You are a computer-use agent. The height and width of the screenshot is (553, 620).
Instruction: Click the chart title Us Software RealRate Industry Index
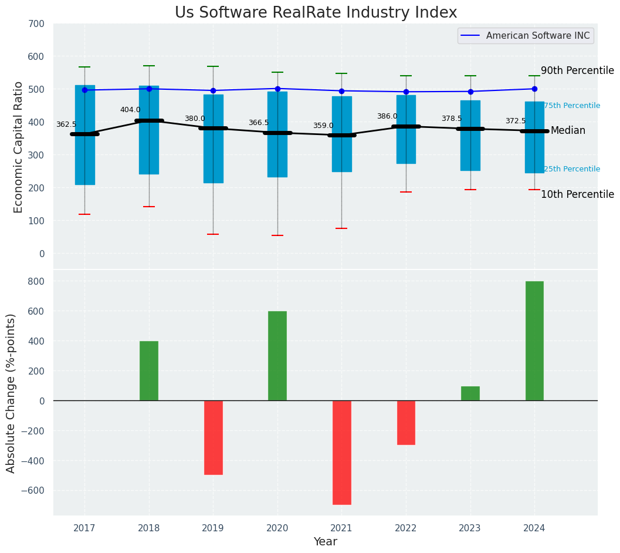click(x=316, y=13)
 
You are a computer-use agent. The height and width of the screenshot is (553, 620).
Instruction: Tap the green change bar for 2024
click(x=534, y=341)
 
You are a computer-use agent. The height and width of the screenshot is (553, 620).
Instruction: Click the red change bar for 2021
click(x=341, y=453)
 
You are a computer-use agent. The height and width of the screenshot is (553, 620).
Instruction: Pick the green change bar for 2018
click(x=149, y=371)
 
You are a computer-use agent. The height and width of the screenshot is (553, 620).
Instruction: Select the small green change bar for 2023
click(x=470, y=393)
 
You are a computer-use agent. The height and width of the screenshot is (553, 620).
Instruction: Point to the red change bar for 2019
click(x=213, y=437)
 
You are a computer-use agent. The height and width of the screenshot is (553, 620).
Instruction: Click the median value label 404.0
click(x=130, y=110)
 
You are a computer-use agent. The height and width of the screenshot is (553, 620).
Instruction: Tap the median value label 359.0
click(x=323, y=126)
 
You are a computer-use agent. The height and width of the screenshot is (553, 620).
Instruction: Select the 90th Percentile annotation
click(x=577, y=70)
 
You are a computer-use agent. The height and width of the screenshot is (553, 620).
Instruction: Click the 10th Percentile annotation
click(x=577, y=194)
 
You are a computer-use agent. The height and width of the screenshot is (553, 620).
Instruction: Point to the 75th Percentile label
click(x=572, y=106)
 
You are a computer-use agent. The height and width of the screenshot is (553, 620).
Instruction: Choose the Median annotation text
click(x=568, y=130)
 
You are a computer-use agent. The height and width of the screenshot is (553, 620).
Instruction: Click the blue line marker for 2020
click(x=277, y=89)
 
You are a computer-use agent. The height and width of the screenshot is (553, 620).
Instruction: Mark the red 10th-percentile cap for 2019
click(x=213, y=234)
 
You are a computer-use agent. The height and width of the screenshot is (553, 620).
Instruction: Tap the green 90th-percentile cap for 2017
click(x=84, y=67)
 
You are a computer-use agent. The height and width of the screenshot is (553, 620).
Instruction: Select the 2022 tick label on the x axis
click(x=406, y=528)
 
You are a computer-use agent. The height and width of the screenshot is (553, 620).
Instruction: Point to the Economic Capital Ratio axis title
click(x=18, y=147)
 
